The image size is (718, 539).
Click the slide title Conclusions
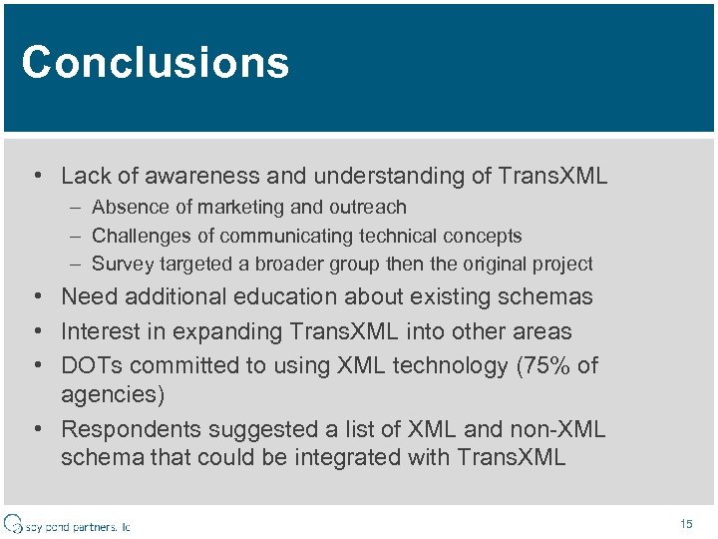tap(155, 62)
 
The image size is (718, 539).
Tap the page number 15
tap(685, 523)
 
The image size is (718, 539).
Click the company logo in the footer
tap(67, 524)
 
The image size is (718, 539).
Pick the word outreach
tap(369, 208)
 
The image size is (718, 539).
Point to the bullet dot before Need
tap(36, 297)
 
